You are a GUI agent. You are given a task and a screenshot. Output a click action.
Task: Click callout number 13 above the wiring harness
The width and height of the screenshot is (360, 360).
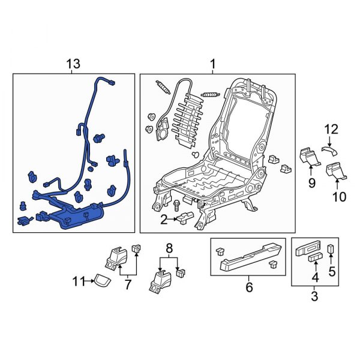72,64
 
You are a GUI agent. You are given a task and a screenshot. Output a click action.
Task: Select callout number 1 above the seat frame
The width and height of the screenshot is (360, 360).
212,64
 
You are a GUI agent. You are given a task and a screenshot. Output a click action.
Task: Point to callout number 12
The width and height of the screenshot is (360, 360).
332,128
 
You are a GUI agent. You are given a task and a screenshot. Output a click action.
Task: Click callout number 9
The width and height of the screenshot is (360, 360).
311,182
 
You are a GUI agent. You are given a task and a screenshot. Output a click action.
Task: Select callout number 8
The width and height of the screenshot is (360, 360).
169,247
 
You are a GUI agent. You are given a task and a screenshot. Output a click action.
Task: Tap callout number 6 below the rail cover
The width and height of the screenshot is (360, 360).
248,287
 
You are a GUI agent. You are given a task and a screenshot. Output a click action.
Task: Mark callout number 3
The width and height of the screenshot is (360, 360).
314,296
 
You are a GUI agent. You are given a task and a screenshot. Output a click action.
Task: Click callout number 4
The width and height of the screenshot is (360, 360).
314,278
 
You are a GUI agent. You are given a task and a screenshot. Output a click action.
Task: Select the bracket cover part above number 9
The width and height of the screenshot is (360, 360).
310,157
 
